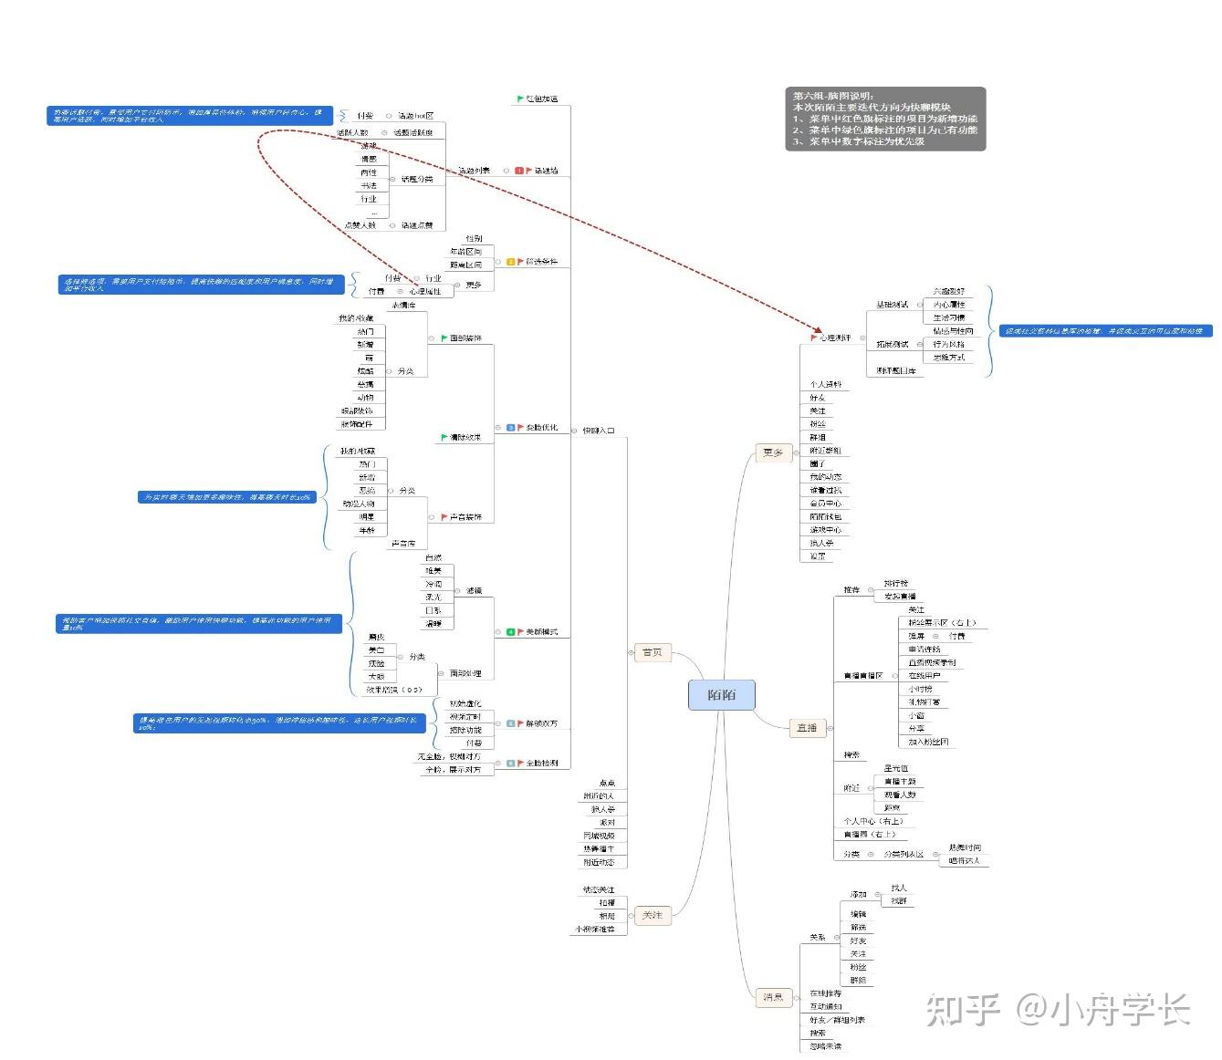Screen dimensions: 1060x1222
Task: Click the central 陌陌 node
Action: pyautogui.click(x=721, y=695)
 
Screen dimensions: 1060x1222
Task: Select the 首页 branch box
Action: pyautogui.click(x=653, y=652)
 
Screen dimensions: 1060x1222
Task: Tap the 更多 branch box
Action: pyautogui.click(x=773, y=452)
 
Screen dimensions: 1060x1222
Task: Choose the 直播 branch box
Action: pyautogui.click(x=807, y=728)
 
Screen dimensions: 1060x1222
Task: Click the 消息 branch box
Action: pyautogui.click(x=773, y=997)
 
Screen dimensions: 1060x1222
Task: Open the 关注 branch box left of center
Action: pyautogui.click(x=653, y=915)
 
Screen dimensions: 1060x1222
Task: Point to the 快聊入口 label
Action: pyautogui.click(x=599, y=431)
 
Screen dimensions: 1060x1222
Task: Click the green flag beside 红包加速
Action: pyautogui.click(x=520, y=99)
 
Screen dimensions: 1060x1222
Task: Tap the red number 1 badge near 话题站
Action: pyautogui.click(x=519, y=171)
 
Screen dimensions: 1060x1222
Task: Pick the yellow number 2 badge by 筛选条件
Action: pyautogui.click(x=511, y=262)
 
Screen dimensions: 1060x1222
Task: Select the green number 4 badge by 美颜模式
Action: pyautogui.click(x=511, y=632)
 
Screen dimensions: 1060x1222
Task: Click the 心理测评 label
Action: pyautogui.click(x=835, y=338)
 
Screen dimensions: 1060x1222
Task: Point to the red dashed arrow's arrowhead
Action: pyautogui.click(x=819, y=329)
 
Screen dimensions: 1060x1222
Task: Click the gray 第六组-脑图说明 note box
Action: pyautogui.click(x=885, y=119)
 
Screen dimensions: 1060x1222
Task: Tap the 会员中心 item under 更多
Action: pyautogui.click(x=825, y=504)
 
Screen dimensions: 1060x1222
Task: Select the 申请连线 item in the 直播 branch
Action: pyautogui.click(x=924, y=650)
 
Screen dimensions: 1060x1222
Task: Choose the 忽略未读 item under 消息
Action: pyautogui.click(x=825, y=1046)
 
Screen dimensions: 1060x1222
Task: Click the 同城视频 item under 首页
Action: pyautogui.click(x=600, y=836)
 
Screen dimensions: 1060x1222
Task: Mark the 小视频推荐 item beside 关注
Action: pyautogui.click(x=595, y=929)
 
